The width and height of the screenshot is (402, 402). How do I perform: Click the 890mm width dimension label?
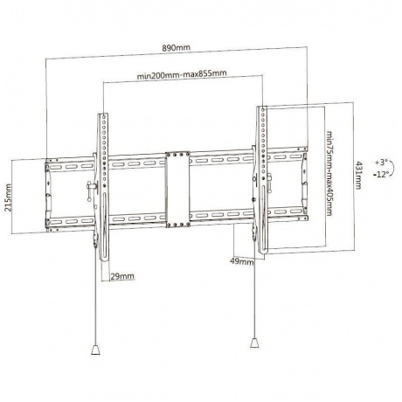pyautogui.click(x=177, y=48)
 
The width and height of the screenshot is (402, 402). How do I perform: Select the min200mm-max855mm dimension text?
pyautogui.click(x=182, y=74)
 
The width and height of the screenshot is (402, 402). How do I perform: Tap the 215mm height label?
pyautogui.click(x=8, y=198)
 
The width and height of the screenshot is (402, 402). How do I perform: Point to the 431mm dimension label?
pyautogui.click(x=358, y=175)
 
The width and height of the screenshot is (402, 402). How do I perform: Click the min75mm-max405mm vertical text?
pyautogui.click(x=329, y=173)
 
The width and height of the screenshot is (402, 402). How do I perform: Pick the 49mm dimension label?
pyautogui.click(x=242, y=261)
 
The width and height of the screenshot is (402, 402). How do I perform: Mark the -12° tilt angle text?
pyautogui.click(x=381, y=175)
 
